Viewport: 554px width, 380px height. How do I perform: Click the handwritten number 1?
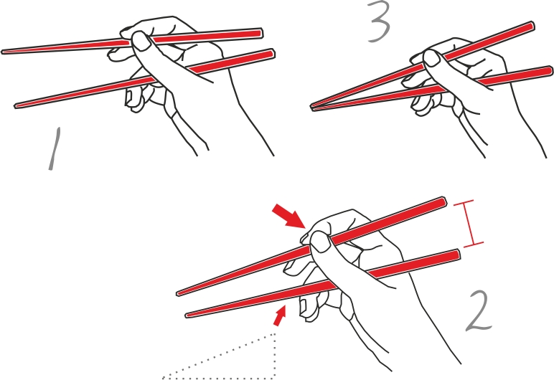pos(55,148)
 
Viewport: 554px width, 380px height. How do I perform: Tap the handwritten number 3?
pos(380,22)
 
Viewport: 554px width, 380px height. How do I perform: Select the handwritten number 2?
pos(479,310)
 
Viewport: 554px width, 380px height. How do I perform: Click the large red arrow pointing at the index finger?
pos(288,216)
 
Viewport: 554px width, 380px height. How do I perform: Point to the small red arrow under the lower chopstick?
pos(279,315)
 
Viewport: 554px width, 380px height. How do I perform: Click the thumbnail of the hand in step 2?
pos(321,242)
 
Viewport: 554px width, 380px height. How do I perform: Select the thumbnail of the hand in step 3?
pos(432,58)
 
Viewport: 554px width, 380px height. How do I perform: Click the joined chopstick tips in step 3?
pos(312,106)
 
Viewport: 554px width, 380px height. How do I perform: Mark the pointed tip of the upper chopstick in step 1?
pos(3,52)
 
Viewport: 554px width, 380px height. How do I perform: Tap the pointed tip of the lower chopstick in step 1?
pos(17,105)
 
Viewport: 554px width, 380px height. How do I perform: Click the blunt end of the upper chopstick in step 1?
pos(260,33)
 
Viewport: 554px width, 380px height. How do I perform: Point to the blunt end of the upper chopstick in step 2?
pos(443,202)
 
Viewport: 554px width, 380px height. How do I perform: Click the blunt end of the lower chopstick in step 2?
pos(458,255)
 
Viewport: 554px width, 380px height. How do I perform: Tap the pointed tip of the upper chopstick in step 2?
pos(178,293)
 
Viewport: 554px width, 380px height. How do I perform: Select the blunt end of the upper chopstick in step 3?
pos(532,26)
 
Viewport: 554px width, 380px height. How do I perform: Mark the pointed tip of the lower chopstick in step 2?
pos(187,315)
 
